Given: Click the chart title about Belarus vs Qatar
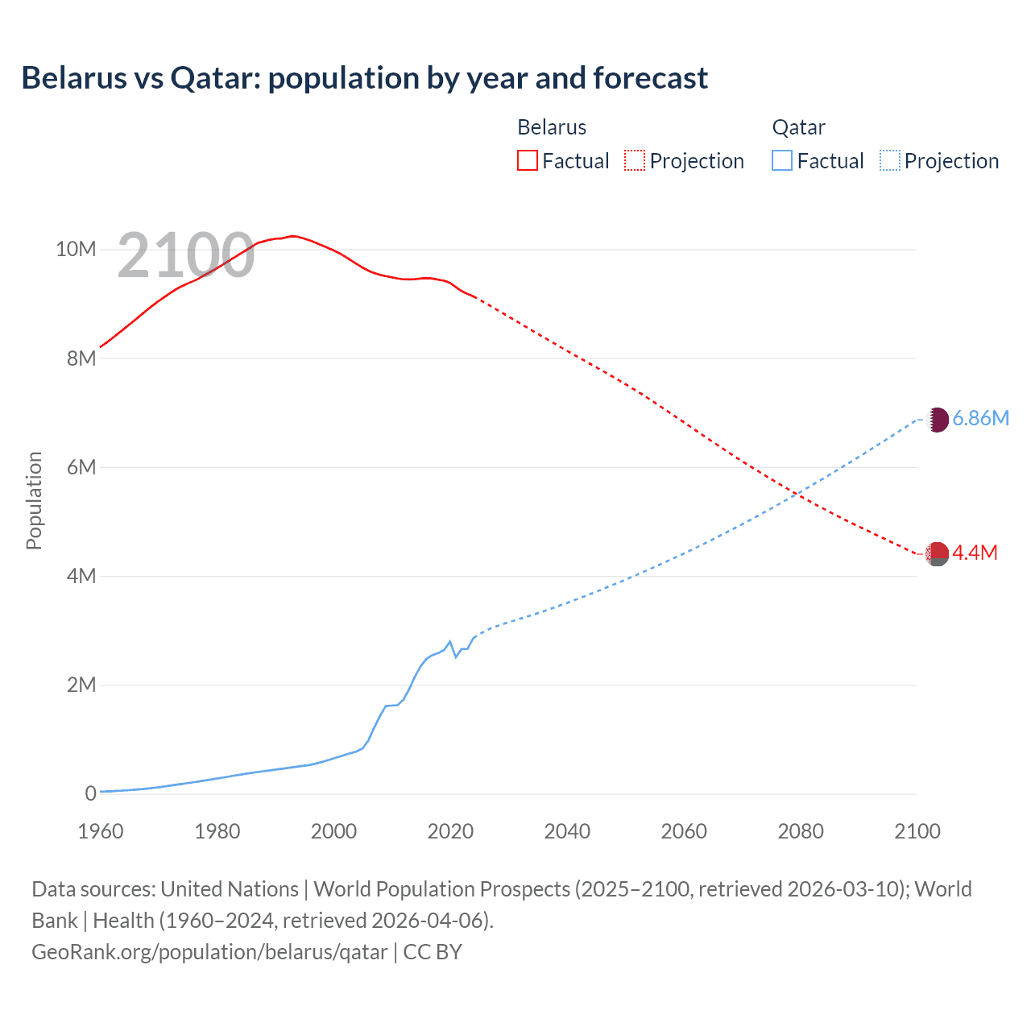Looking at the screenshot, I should tap(364, 78).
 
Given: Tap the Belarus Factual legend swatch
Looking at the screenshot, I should tap(527, 160).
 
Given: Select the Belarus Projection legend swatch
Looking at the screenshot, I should tap(635, 160).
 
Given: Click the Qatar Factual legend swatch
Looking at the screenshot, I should tap(781, 160).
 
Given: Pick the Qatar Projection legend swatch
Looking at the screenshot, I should tap(889, 160).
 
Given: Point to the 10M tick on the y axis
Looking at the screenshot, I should tap(76, 249).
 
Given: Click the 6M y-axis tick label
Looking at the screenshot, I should tap(81, 467).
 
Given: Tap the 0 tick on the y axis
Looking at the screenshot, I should tap(90, 793).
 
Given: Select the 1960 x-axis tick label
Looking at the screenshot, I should tap(101, 831).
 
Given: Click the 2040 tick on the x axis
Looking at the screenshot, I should tap(567, 831).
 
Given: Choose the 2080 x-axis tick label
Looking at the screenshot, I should tap(801, 831).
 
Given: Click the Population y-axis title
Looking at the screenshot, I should tap(34, 500).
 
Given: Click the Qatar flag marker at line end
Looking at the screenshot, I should tap(937, 420).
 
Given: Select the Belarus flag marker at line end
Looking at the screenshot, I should tap(937, 553).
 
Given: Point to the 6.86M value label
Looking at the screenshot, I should tap(980, 418).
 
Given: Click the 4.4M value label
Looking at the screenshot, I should tap(975, 553).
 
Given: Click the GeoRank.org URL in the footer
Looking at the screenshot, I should tap(209, 952).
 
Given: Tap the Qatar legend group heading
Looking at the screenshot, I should tap(798, 127).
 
